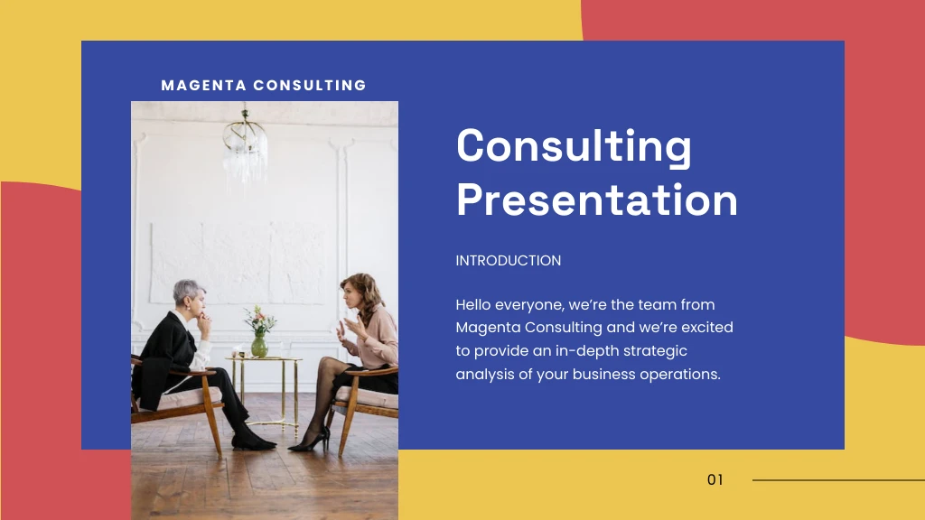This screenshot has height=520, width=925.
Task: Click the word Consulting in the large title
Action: click(574, 147)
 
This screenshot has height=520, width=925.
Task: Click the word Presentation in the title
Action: click(596, 200)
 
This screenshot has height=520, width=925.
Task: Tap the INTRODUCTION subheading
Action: click(508, 261)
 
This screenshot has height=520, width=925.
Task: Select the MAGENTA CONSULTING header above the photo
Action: click(264, 86)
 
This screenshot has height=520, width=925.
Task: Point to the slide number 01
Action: click(715, 480)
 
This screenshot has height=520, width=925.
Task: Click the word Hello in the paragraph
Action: click(476, 305)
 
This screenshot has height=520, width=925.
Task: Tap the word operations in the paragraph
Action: click(680, 374)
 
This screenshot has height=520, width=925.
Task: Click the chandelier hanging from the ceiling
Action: click(245, 144)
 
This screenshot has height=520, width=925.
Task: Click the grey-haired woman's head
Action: click(190, 294)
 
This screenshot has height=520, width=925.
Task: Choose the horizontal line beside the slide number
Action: click(837, 480)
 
